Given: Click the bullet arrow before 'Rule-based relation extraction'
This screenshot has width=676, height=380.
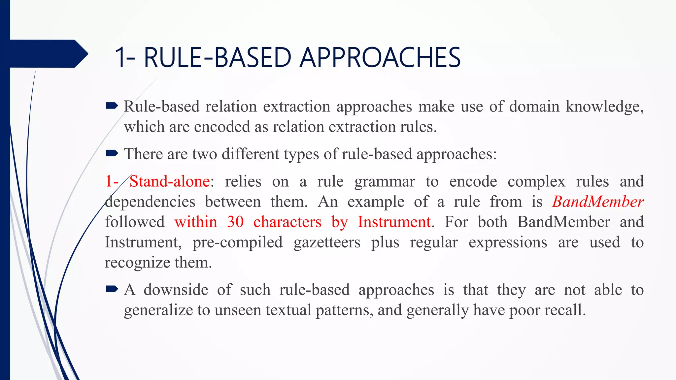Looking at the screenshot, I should coord(112,106).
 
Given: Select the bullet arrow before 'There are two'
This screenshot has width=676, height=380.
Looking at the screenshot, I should coord(112,153).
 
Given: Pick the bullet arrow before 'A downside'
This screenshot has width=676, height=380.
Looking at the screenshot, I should coord(112,289).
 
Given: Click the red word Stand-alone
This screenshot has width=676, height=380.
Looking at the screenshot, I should coord(170,181).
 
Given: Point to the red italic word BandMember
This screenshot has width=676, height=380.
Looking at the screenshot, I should coord(598,202).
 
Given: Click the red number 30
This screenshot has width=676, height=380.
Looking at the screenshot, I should coord(235,222).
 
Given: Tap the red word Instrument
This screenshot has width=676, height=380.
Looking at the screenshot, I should coord(394,222).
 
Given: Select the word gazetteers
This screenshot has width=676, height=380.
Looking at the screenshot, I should coord(327,242).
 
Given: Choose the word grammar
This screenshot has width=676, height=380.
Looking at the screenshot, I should coord(384,182).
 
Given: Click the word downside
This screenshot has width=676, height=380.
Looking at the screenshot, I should coord(176,290).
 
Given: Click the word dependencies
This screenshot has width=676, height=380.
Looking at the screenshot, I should coord(150,202).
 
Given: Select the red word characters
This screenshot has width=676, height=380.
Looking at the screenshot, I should coord(287,222).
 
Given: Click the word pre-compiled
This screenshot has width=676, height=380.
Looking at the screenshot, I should coord(237,242).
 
